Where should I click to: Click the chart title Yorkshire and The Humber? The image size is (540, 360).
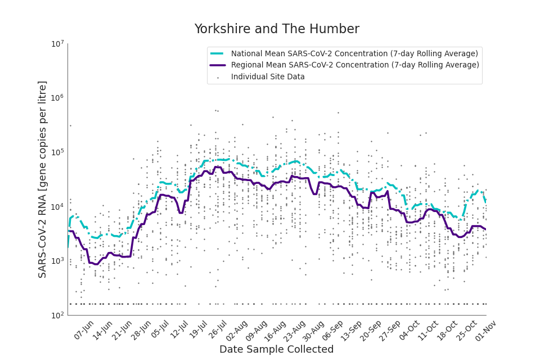276,29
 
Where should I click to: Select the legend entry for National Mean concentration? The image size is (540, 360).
354,53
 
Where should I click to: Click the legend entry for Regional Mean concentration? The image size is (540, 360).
355,65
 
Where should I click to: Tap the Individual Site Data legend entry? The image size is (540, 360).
268,77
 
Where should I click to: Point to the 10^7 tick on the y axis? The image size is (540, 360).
57,43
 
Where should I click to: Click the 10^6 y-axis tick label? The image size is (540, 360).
57,98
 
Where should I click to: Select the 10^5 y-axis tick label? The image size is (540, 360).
57,152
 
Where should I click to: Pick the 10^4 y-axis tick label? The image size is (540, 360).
57,206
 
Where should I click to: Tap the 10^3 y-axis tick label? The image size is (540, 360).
57,261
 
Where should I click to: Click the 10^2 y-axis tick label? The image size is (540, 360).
57,315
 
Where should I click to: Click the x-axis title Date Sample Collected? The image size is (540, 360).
276,349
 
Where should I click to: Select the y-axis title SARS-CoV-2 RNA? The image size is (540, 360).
43,179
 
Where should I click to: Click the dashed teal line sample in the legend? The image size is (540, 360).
218,53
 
